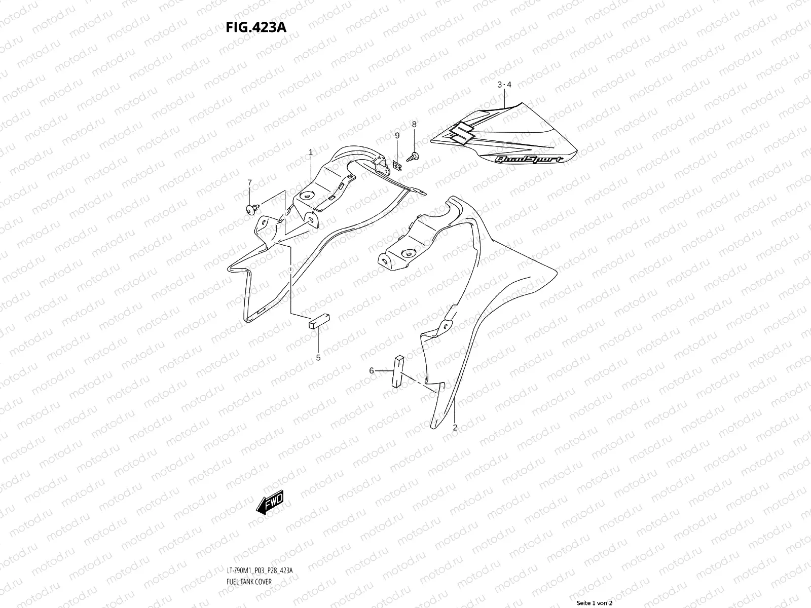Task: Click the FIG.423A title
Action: coord(256,26)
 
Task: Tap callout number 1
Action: coord(310,152)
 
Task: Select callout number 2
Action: coord(455,428)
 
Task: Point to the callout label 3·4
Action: coord(504,85)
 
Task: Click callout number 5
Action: coord(318,358)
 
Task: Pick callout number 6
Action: coord(372,371)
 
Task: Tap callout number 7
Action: coord(249,182)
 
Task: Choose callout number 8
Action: coord(414,124)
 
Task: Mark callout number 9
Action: coord(397,135)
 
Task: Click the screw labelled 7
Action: coord(252,207)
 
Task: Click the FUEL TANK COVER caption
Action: coord(249,553)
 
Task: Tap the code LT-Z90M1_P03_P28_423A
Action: coord(260,542)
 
